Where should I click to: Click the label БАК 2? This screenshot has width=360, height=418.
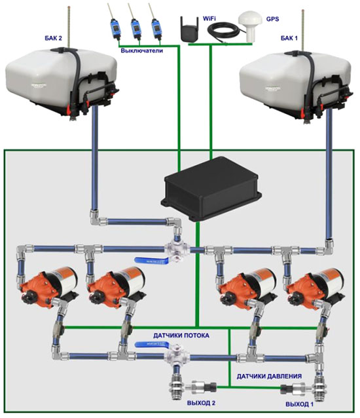53,38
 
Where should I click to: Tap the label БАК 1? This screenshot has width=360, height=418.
289,38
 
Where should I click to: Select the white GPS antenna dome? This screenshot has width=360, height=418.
249,26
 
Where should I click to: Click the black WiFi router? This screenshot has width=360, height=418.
190,29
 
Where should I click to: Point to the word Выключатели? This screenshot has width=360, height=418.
141,50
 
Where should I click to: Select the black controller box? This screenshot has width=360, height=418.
211,189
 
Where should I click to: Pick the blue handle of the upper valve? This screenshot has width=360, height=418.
153,260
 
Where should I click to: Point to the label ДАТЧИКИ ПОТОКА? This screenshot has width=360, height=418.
181,335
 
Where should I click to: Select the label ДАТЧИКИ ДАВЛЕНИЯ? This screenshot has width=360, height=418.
269,376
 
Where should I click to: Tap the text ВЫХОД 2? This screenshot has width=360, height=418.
201,403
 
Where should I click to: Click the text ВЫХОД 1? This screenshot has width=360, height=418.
300,404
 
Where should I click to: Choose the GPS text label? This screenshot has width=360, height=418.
272,19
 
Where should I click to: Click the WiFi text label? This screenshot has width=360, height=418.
209,18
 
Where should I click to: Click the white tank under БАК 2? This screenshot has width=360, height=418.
62,80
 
